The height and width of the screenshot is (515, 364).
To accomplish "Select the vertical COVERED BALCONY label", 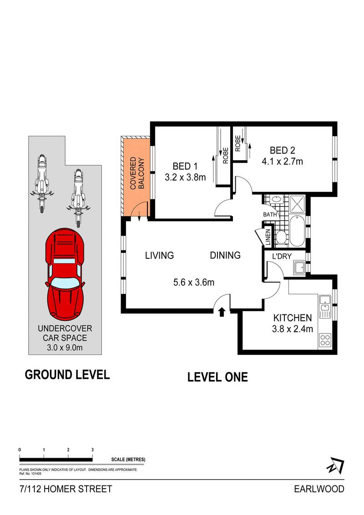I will click(137, 173).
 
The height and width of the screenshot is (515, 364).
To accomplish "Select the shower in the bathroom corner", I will click(298, 203).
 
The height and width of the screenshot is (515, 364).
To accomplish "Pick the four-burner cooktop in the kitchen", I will click(325, 340).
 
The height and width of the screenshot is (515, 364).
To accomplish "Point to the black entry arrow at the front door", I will click(222, 312).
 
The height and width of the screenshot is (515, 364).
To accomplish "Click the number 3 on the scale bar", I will click(92, 449).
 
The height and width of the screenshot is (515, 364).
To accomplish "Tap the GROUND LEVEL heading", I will click(67, 374).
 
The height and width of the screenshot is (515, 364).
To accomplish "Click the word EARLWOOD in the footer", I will click(319, 489).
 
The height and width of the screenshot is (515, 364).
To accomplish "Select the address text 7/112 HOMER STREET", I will click(66, 489).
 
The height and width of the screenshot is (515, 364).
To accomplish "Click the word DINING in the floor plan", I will click(225, 255).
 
